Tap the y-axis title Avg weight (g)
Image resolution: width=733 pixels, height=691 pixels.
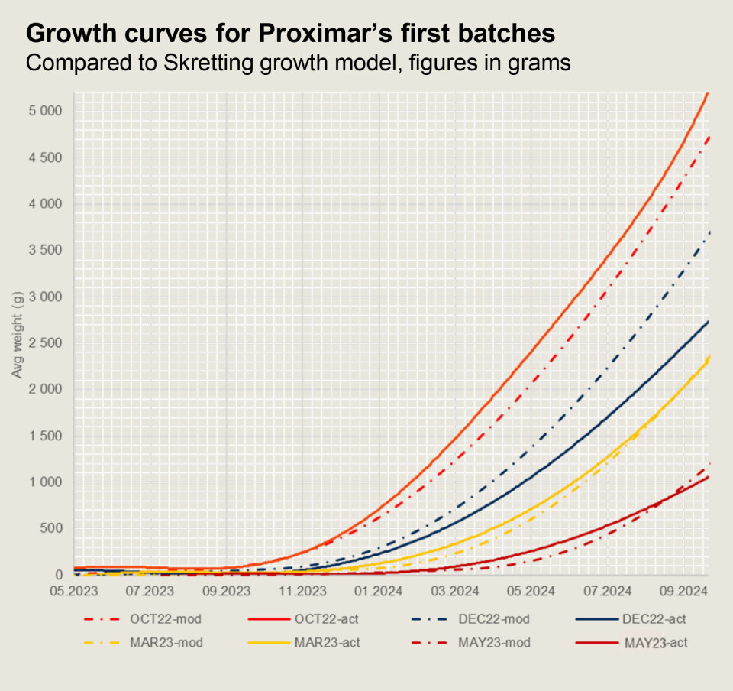point(17,335)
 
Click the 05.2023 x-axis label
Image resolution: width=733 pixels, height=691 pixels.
point(75,592)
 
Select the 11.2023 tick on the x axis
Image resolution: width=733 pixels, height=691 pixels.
point(302,592)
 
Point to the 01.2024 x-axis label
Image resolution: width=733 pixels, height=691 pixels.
point(378,592)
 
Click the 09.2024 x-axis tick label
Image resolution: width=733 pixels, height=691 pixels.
point(682,592)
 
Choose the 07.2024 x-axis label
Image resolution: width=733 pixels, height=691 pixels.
point(606,592)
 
